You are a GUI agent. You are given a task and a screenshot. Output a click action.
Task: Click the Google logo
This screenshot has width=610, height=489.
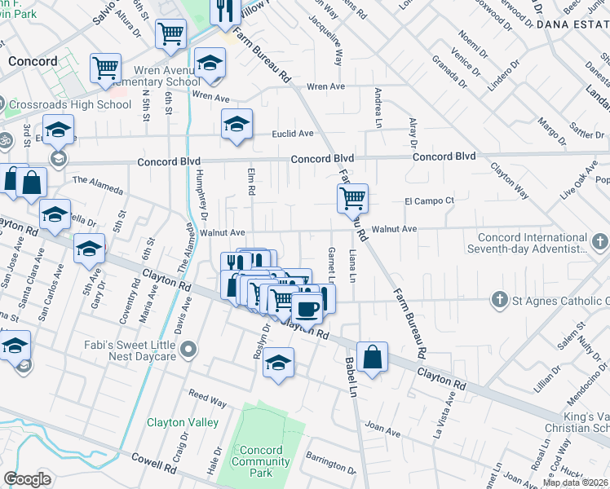[x=27, y=479]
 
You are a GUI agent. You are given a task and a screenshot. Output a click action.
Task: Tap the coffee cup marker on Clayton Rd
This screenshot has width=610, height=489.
[x=307, y=310]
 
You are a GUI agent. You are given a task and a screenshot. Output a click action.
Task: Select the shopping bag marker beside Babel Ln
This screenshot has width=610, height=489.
[x=372, y=357]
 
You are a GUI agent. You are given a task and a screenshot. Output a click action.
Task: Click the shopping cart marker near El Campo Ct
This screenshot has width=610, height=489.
[x=352, y=197]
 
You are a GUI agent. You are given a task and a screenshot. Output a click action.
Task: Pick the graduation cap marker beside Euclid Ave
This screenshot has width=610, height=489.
[x=236, y=125]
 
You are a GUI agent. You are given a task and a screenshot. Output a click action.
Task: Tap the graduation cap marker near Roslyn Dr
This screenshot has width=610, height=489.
[x=278, y=363]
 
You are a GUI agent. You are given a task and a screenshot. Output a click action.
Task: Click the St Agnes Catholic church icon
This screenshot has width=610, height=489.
[x=499, y=301]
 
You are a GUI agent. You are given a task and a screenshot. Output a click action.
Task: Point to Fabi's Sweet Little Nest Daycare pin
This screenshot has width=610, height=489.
[x=189, y=350]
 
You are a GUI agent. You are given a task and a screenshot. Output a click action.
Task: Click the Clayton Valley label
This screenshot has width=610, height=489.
[x=183, y=422]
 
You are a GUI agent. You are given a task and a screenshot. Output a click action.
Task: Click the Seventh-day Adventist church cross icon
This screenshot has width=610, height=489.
[x=599, y=242]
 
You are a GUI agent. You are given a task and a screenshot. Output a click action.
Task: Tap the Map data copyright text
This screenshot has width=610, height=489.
[x=575, y=482]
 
